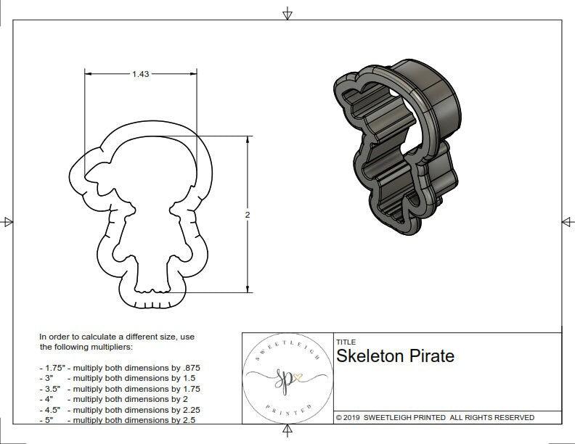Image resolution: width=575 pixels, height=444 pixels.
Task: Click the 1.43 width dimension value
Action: click(x=141, y=74)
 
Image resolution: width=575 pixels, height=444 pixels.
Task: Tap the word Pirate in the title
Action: click(x=433, y=356)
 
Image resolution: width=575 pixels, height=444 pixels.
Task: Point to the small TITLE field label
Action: click(x=345, y=342)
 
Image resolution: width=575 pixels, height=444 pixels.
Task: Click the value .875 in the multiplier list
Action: click(x=190, y=368)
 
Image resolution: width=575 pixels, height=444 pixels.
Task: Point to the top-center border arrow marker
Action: click(x=287, y=13)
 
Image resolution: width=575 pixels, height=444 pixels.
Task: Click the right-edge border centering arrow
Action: click(x=566, y=221)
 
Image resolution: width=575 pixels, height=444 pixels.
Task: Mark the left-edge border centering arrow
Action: click(x=8, y=221)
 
